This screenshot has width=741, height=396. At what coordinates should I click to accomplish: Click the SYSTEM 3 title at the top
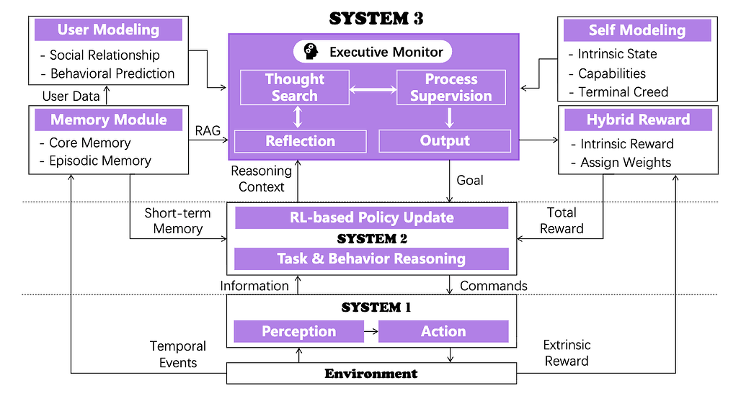pos(376,19)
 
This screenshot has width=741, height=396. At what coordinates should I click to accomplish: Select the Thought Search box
pos(294,87)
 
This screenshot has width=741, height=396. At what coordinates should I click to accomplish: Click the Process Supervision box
pos(451,87)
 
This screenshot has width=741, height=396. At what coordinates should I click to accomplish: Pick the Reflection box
pos(300,141)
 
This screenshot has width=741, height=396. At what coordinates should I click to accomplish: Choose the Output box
pos(445,141)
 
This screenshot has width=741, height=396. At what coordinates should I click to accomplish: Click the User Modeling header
pos(108,30)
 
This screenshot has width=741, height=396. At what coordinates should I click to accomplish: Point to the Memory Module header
pos(108,120)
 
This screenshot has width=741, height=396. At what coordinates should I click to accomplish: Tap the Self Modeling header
pos(636,30)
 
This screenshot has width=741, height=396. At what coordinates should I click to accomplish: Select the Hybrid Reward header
pos(638,120)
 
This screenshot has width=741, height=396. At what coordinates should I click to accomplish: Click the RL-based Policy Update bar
pos(371,217)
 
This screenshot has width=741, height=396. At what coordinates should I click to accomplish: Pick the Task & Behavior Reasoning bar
pos(371,258)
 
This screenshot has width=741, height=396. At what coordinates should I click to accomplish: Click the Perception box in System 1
pos(298,331)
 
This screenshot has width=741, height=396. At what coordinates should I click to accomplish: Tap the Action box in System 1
pos(443,331)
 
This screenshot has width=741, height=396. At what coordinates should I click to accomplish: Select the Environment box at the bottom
pos(371,373)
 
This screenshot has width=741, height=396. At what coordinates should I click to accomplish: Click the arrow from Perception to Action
pos(370,331)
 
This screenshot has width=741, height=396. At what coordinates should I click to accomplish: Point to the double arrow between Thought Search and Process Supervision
pos(373,90)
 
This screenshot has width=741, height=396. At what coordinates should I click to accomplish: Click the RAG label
pos(208,130)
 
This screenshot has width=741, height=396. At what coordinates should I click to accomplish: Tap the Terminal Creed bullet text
pos(623,91)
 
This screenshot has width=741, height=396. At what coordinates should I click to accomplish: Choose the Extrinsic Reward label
pos(567,354)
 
